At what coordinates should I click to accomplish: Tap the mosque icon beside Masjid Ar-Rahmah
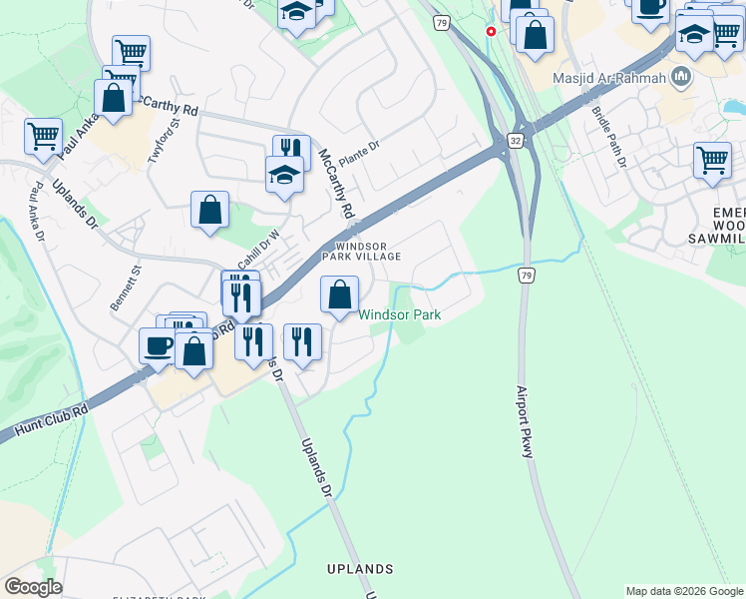pyautogui.click(x=681, y=77)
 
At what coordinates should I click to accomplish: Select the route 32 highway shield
pyautogui.click(x=515, y=142)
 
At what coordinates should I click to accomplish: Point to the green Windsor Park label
pyautogui.click(x=400, y=314)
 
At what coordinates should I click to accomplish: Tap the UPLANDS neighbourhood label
pyautogui.click(x=360, y=568)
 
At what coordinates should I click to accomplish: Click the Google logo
pyautogui.click(x=34, y=586)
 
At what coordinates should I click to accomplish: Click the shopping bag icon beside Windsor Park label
pyautogui.click(x=340, y=295)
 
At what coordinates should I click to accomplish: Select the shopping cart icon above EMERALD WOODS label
pyautogui.click(x=712, y=160)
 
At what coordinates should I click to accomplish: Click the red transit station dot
pyautogui.click(x=491, y=31)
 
